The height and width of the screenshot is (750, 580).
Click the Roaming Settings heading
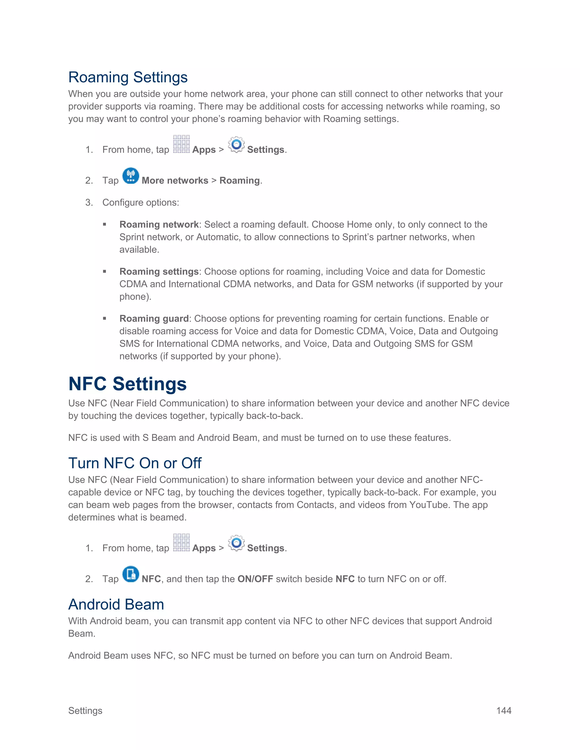pyautogui.click(x=128, y=77)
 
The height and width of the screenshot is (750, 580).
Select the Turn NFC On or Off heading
pyautogui.click(x=135, y=463)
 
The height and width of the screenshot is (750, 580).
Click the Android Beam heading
pyautogui.click(x=116, y=605)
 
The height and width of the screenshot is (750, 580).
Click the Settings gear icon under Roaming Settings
pyautogui.click(x=236, y=145)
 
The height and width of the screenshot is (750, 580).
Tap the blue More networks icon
pyautogui.click(x=131, y=176)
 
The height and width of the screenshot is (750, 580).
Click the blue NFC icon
pyautogui.click(x=131, y=574)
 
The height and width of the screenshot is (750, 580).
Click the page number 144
pyautogui.click(x=504, y=710)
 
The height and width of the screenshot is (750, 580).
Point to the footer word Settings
pyautogui.click(x=85, y=710)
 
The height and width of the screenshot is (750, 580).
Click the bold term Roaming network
pyautogui.click(x=159, y=225)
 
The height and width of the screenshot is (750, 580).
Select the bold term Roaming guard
pyautogui.click(x=154, y=319)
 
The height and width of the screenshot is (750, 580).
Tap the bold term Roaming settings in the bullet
pyautogui.click(x=159, y=272)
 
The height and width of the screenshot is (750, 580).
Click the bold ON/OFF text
pyautogui.click(x=255, y=579)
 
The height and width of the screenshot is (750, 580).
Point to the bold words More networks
pyautogui.click(x=175, y=181)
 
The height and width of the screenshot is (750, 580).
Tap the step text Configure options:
pyautogui.click(x=140, y=203)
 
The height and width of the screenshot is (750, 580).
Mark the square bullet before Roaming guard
pyautogui.click(x=105, y=319)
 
